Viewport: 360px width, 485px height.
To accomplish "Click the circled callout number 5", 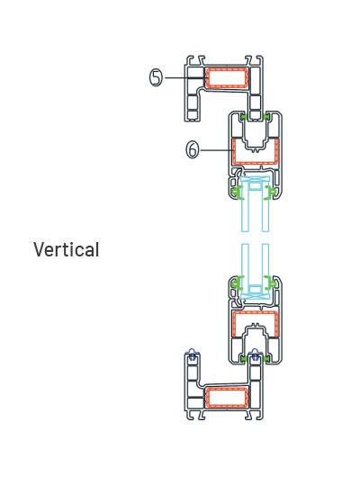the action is tap(157, 77).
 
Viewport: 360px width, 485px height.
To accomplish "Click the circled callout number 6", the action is tap(193, 149).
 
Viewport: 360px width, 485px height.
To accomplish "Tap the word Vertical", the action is tap(67, 249).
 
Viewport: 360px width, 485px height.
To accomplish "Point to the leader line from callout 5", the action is tap(184, 77).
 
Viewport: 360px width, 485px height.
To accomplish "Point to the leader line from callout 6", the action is tap(217, 150).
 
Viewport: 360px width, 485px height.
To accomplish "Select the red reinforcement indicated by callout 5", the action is tap(227, 77).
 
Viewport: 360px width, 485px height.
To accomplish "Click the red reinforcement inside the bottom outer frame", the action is tap(227, 397).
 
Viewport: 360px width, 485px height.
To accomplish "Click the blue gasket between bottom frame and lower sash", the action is tap(256, 355).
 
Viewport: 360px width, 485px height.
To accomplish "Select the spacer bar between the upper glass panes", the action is tap(256, 186).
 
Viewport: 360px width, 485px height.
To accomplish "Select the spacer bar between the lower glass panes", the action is tap(256, 289).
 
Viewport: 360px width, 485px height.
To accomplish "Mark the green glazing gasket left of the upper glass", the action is tap(237, 193).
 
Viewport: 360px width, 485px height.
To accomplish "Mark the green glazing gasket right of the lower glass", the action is tap(272, 283).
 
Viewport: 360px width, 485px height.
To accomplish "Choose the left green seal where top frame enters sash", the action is tap(244, 117).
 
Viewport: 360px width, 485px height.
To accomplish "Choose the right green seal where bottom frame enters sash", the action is tap(266, 359).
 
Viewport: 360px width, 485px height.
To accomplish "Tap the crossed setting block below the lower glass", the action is tap(256, 296).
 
